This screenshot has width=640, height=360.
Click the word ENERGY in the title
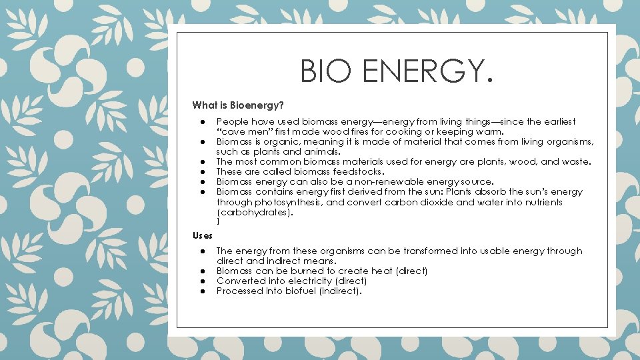pyautogui.click(x=419, y=71)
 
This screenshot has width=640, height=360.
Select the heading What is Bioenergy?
pyautogui.click(x=238, y=105)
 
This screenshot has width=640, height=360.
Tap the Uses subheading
pyautogui.click(x=203, y=235)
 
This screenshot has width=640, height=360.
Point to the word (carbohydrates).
pyautogui.click(x=255, y=213)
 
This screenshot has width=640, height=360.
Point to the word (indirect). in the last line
pyautogui.click(x=342, y=291)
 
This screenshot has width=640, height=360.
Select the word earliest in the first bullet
pyautogui.click(x=557, y=122)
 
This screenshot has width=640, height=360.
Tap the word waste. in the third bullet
pyautogui.click(x=577, y=161)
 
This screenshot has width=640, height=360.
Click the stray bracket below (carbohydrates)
pyautogui.click(x=218, y=221)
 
